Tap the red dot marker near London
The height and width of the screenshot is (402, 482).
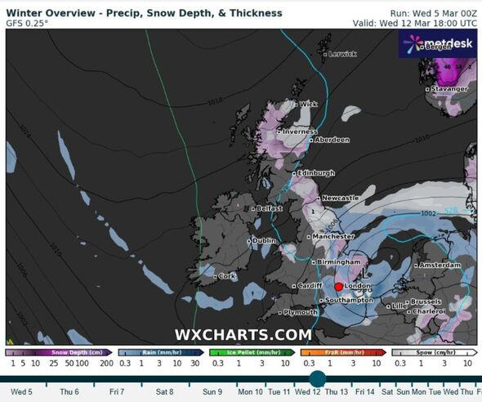click(x=338, y=287)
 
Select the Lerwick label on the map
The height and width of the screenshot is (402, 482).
click(x=342, y=54)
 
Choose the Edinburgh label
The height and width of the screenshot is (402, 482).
click(x=315, y=173)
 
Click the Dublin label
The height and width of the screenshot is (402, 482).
click(x=264, y=241)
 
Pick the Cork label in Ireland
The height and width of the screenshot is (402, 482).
click(x=227, y=276)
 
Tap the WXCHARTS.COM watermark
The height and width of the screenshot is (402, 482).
click(x=243, y=335)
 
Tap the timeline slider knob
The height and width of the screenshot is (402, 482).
click(x=317, y=378)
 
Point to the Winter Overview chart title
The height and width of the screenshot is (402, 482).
click(x=144, y=13)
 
